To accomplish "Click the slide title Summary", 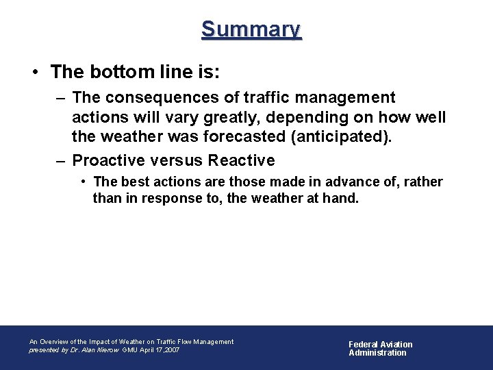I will point(251,29).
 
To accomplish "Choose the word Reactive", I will point(241,161).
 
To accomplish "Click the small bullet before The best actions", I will point(81,182).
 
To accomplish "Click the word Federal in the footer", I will point(364,345).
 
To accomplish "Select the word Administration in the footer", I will point(377,353).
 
